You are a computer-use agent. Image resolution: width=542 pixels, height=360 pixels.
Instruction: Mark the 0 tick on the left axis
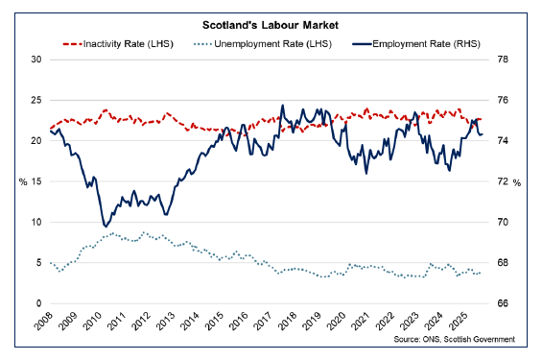coord(38,303)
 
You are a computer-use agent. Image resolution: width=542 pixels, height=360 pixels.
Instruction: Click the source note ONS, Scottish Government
coord(459,339)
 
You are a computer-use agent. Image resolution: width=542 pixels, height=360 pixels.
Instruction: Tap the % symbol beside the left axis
coord(22,181)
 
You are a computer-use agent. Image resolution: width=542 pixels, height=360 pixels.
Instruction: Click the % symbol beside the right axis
coord(517,181)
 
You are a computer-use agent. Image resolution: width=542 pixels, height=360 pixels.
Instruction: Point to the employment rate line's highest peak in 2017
coord(282,105)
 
